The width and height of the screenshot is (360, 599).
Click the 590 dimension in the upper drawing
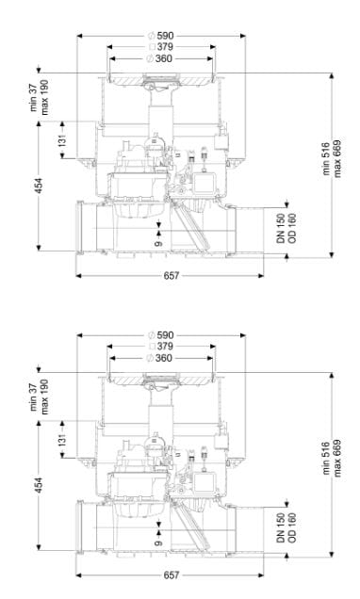[x=165, y=36]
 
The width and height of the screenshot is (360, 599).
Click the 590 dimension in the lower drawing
[x=165, y=335]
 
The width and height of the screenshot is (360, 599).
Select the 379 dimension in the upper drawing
[x=165, y=47]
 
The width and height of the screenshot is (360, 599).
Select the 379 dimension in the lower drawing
[x=165, y=347]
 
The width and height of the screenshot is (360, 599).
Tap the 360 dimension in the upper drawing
[x=164, y=58]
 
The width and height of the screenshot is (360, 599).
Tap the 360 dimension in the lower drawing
[x=164, y=358]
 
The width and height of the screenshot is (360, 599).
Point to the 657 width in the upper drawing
[x=172, y=275]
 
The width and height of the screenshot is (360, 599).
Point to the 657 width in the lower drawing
[x=172, y=575]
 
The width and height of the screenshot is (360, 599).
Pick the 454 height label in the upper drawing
[x=39, y=186]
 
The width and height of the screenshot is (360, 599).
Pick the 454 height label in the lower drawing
[x=39, y=486]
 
